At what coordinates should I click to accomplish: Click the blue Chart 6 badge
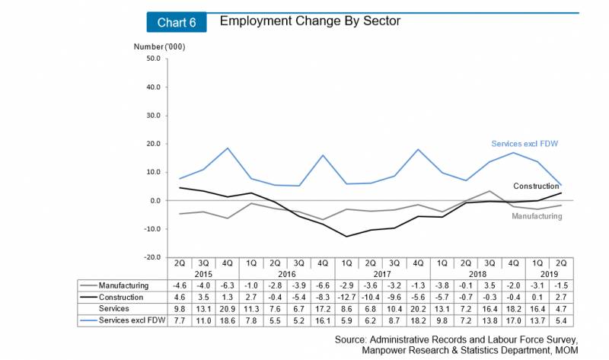coord(177,22)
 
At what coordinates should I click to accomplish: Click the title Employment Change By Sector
coord(310,21)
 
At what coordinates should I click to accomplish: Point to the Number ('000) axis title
coord(160,47)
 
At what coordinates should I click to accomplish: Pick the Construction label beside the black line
coord(537,186)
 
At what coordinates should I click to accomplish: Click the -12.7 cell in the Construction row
coord(346,296)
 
